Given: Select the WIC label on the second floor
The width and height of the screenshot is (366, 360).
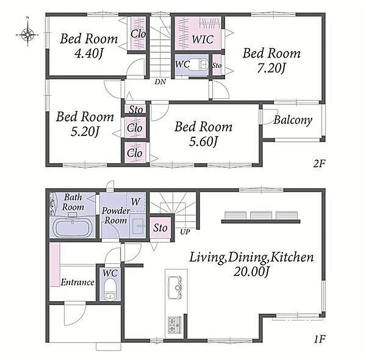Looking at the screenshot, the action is pos(203,39).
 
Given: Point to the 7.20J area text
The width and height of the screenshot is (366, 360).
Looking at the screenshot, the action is pos(271,68).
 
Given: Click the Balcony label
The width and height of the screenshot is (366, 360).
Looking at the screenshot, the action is pos(293,120).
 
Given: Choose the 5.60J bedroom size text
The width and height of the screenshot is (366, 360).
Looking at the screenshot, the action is pos(203,141).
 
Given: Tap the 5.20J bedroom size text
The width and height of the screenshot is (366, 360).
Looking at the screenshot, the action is pos(85,131).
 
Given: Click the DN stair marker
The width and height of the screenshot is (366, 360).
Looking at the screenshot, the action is pos(160,81).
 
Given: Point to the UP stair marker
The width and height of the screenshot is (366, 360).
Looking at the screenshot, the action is pos(185,232).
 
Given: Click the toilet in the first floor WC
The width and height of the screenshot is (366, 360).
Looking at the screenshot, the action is pos(110,290).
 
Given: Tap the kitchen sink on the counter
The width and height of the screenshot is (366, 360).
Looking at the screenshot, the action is pos(175,288).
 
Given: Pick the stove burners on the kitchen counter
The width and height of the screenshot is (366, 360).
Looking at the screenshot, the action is pos(174,325).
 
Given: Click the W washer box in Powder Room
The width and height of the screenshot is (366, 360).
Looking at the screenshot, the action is pos(136,202).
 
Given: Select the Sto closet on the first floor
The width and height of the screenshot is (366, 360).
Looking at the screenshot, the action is pos(160,228).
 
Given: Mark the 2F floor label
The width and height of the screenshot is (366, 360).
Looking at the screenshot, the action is pos(319,164).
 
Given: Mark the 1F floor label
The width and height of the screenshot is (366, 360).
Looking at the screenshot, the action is pos(319,339).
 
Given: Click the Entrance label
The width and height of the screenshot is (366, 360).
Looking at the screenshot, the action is pos(77,283).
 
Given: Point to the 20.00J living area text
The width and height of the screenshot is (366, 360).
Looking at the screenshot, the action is pos(251,271).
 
